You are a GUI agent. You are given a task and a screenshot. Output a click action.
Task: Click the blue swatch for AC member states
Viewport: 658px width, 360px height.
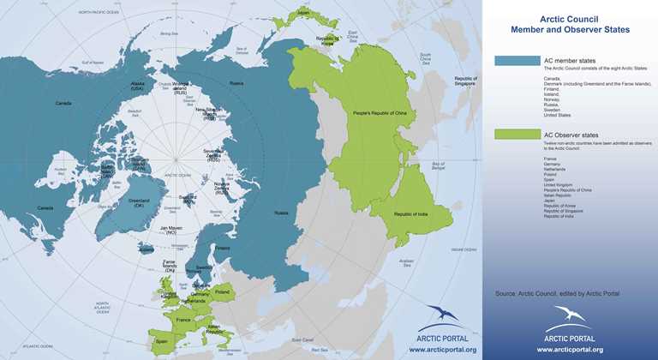click(x=517, y=61)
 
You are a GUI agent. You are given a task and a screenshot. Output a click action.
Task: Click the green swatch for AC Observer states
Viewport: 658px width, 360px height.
click(x=517, y=135)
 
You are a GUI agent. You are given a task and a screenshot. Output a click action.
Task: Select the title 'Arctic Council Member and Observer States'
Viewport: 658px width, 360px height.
click(x=570, y=23)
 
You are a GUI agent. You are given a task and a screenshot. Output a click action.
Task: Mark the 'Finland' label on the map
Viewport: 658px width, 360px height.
click(x=224, y=249)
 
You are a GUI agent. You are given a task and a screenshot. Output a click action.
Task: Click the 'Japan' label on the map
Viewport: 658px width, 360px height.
click(x=303, y=13)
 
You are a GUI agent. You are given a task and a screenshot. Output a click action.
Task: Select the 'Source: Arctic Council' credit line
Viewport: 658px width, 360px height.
click(x=557, y=294)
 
